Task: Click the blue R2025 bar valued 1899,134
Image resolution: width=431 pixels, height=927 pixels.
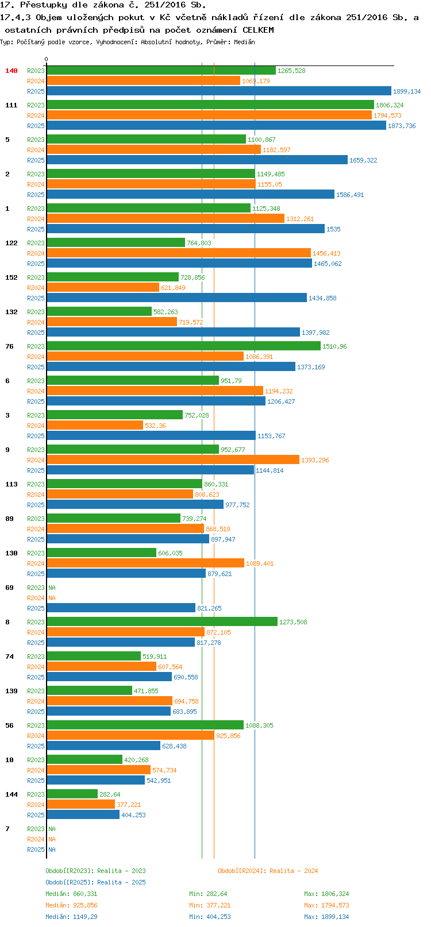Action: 218,91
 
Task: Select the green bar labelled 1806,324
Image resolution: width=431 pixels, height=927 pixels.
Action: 210,105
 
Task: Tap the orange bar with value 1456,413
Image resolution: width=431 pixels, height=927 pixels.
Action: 178,253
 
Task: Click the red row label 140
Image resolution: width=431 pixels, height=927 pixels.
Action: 11,71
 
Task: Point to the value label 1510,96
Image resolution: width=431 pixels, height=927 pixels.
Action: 334,346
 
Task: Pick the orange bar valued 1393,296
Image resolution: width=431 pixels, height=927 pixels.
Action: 172,459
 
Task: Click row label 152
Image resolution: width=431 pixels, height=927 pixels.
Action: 11,277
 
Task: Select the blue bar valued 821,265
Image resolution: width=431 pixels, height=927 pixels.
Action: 121,608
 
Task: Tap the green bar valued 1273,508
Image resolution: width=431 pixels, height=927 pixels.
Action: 161,621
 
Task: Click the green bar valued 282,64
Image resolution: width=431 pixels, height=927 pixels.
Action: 72,794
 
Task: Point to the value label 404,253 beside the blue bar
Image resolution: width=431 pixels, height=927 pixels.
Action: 133,815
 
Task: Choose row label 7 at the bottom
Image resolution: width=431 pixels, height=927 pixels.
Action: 7,829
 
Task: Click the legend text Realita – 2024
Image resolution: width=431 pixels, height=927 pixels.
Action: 293,871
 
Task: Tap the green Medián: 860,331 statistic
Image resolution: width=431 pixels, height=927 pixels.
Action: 71,894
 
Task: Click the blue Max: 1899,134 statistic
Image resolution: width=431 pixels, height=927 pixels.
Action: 326,917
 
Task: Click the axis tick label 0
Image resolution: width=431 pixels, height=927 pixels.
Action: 47,59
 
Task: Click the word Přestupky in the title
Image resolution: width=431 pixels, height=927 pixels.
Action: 40,5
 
